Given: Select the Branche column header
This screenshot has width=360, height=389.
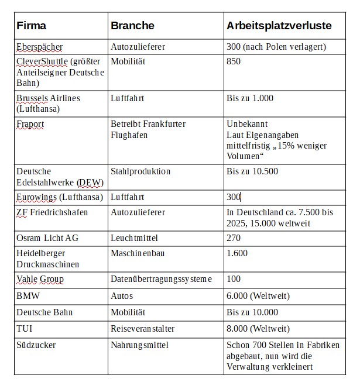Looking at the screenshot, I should pos(132,26).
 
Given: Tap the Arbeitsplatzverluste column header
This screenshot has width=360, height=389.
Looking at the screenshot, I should pos(279,26).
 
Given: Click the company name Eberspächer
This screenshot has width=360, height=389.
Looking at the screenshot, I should pos(39,46).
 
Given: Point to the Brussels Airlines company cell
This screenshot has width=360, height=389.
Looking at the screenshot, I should pos(48,103).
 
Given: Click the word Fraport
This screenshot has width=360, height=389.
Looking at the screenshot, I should pos(30,124).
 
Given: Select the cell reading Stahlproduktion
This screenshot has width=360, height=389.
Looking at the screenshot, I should pos(140,171).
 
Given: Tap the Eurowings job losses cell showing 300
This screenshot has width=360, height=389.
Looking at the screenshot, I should pos(234,197).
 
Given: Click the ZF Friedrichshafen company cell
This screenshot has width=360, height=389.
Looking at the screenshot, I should pos(52,212).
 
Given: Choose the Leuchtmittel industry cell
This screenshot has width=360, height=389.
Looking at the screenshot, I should pos(135,238).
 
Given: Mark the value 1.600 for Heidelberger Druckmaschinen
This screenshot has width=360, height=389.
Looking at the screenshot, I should pos(237,253).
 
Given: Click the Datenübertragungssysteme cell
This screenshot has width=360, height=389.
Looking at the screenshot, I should pos(161,279).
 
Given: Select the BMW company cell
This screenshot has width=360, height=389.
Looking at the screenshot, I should pos(28,296).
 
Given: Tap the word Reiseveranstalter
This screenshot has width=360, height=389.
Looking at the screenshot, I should pos(142,329).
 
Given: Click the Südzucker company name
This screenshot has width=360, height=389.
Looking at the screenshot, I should pos(36,345).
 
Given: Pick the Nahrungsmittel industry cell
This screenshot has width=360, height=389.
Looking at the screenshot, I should pos(139,345).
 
